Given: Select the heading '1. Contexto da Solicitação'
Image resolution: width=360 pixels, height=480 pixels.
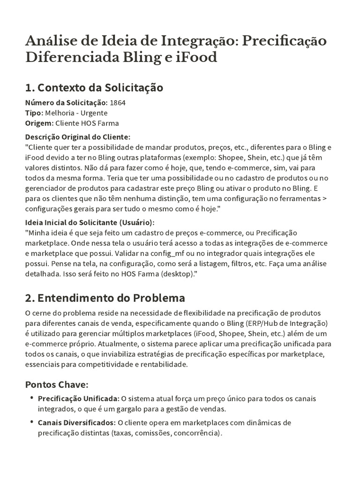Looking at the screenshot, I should pos(94,88).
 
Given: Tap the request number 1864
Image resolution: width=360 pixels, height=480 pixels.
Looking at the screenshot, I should pos(118,102).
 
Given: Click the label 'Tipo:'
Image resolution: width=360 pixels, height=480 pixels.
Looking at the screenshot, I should pos(34,113).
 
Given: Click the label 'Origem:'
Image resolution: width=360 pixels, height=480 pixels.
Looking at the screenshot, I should pos(39,123).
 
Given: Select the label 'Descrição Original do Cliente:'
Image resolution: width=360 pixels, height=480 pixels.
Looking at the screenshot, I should pos(77,137).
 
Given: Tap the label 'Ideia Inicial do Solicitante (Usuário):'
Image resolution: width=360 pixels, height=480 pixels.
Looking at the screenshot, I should pos(89,223).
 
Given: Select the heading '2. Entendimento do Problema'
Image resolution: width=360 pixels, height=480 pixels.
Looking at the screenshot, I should pos(105,298).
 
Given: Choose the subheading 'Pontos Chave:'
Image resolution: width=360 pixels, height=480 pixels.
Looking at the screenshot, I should pos(56,385).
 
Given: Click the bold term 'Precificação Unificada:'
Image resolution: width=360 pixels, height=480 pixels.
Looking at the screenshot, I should pos(78,399).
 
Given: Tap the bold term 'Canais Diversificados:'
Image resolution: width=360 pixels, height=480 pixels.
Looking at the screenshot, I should pos(76,423).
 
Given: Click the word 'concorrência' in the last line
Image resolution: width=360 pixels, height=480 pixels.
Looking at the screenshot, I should pos(195,433).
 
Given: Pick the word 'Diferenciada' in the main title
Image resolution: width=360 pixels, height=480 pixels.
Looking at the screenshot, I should pos(64,58).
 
